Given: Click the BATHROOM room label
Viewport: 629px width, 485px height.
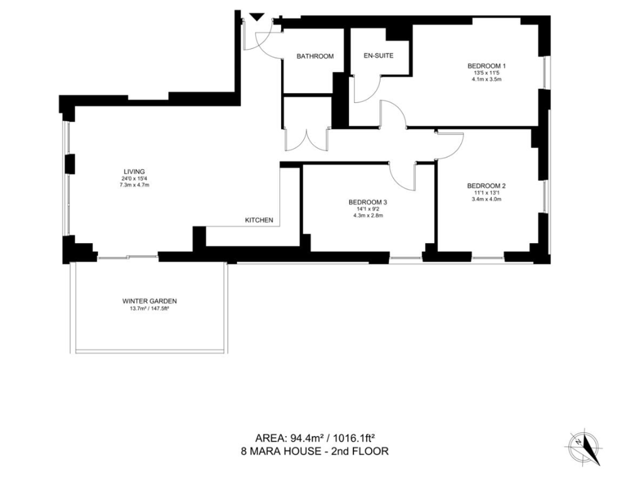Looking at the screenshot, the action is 315,57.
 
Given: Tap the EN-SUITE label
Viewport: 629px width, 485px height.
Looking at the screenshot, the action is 378,56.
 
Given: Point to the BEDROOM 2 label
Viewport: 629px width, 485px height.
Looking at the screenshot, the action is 486,186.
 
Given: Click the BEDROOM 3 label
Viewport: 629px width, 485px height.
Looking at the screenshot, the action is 368,202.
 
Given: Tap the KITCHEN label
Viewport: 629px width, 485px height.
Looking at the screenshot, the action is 259,220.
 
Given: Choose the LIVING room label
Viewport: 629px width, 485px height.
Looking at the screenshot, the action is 134,172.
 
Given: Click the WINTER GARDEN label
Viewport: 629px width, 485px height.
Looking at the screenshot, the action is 150,301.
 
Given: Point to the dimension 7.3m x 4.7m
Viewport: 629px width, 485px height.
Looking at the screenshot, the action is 135,185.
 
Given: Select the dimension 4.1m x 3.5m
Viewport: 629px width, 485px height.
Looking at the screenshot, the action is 487,79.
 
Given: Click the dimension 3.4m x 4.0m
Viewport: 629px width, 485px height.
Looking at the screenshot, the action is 487,199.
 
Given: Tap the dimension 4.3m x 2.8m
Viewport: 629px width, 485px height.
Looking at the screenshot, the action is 368,215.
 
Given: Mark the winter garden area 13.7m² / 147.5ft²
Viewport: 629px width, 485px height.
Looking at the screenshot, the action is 150,308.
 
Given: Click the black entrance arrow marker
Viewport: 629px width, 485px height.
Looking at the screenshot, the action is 257,17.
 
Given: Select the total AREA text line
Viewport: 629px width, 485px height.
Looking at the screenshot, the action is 315,437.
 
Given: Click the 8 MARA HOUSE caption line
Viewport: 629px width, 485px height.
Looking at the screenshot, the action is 315,451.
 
